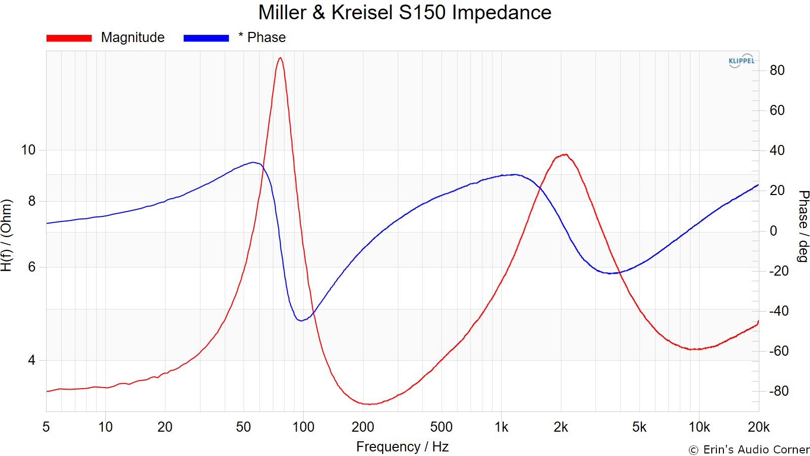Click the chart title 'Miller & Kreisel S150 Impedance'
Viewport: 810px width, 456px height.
404,13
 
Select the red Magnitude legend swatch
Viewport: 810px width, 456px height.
69,38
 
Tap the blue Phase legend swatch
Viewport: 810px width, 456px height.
206,38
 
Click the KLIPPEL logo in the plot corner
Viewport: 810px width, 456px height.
741,61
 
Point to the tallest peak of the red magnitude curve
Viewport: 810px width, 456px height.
280,58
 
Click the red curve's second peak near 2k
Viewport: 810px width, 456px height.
565,155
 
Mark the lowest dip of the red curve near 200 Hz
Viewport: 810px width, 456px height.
370,404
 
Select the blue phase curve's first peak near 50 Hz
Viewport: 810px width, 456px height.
253,163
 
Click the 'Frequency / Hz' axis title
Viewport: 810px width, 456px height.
402,447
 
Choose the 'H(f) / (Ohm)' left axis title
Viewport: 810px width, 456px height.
6,235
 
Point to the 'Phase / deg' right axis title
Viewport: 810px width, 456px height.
803,226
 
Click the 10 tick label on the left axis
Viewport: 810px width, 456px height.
28,150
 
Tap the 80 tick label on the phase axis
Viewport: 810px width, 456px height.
777,70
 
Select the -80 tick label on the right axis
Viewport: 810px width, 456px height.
779,391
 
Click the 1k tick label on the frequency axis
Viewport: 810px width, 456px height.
501,427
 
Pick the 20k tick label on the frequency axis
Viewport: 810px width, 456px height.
758,427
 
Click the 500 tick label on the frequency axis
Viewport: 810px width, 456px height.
441,427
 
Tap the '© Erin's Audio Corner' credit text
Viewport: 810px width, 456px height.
749,449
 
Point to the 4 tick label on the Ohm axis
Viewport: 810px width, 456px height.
32,360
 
